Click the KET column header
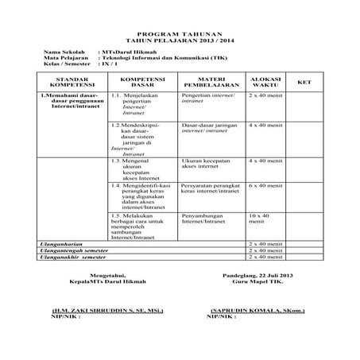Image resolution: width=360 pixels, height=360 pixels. tap(304, 83)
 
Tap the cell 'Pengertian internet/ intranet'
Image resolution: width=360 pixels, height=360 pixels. tap(207, 99)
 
